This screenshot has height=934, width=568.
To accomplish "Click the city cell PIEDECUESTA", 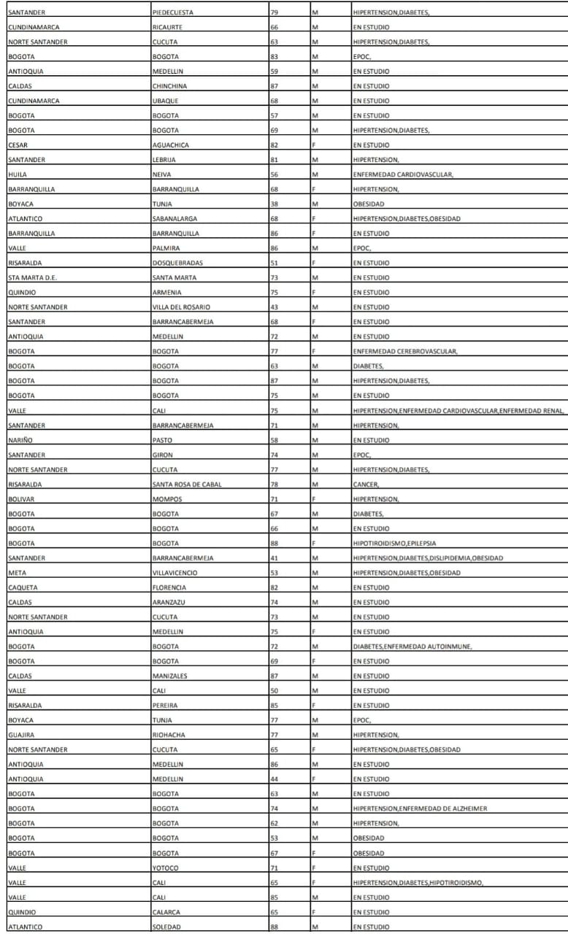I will [173, 12].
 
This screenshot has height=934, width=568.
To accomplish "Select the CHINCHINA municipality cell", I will [169, 86].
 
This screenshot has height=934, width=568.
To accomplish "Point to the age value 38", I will [275, 204].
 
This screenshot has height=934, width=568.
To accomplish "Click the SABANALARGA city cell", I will [175, 219].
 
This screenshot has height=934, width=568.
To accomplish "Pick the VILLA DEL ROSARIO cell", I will [181, 307].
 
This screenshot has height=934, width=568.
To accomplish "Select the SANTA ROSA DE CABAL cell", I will [187, 485].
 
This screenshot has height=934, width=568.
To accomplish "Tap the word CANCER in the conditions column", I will [365, 485].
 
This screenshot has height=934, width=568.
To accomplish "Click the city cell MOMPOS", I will [167, 499].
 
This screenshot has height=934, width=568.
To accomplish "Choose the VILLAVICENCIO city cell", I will [174, 573].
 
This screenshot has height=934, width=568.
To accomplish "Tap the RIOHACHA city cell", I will [168, 735].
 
